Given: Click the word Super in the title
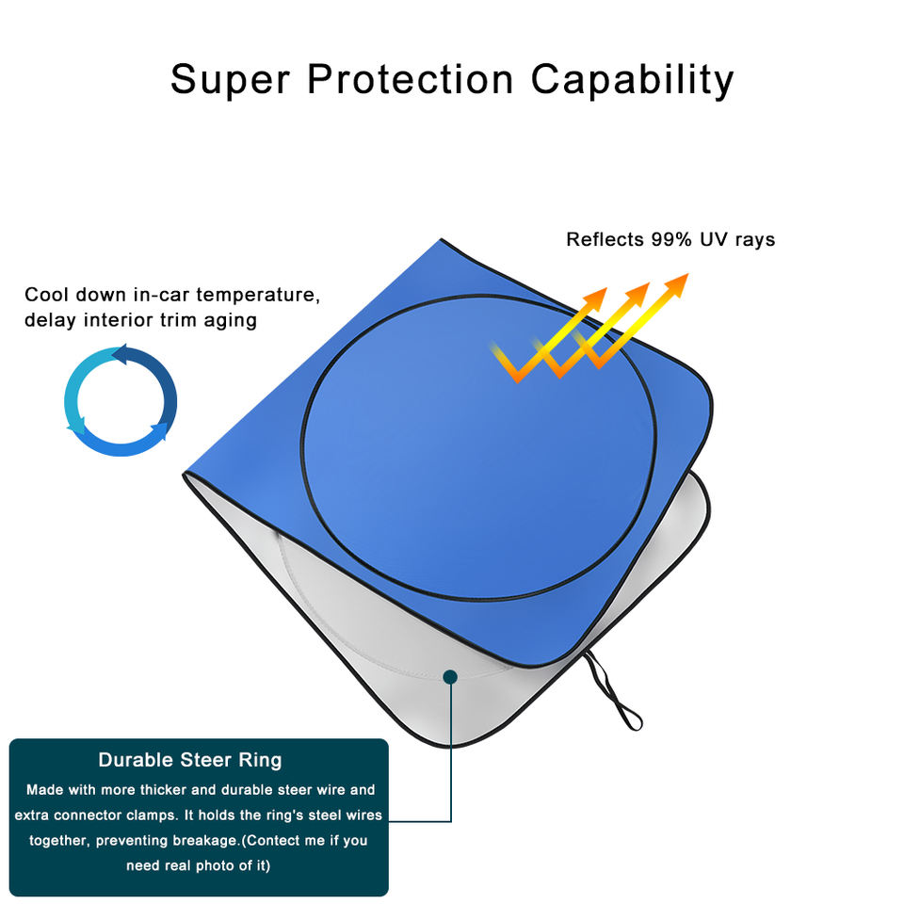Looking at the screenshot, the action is coord(229,80).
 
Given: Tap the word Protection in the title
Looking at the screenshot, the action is coord(411,80).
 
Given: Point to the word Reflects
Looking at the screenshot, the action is coord(604,239).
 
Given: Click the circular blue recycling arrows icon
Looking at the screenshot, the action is coord(121,400).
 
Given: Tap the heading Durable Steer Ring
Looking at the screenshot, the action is coord(190,760).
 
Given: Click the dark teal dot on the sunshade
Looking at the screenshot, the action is coord(450,676).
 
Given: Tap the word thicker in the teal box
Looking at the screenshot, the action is coord(163,790).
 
